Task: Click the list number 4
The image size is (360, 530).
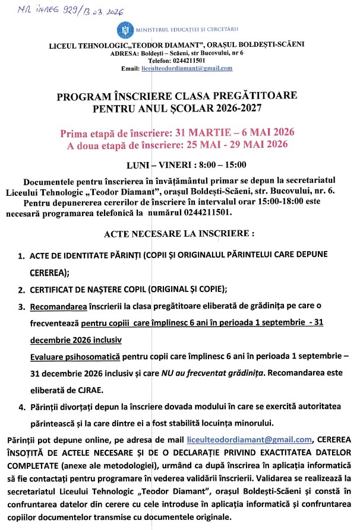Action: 21,407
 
